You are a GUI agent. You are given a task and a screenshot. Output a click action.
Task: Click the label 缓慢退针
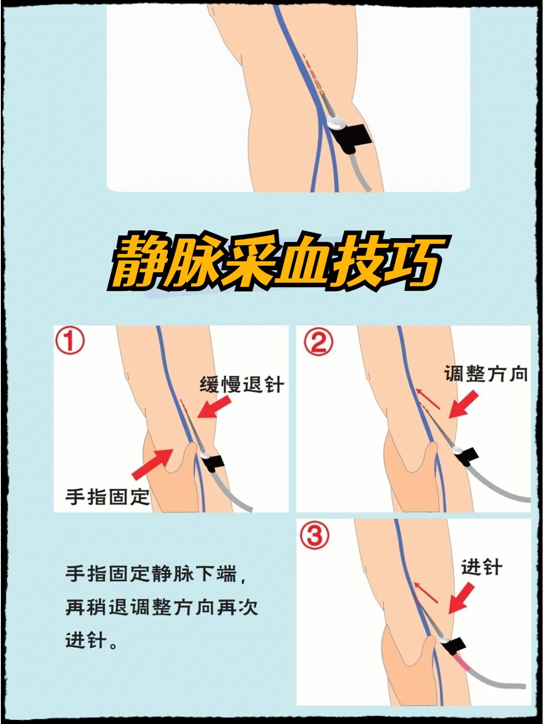tap(242, 385)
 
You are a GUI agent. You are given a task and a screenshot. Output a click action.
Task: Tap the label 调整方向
tap(486, 374)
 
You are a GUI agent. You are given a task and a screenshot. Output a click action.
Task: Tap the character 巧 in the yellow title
tap(415, 264)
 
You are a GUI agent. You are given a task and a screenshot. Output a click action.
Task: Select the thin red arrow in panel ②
tap(428, 399)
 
